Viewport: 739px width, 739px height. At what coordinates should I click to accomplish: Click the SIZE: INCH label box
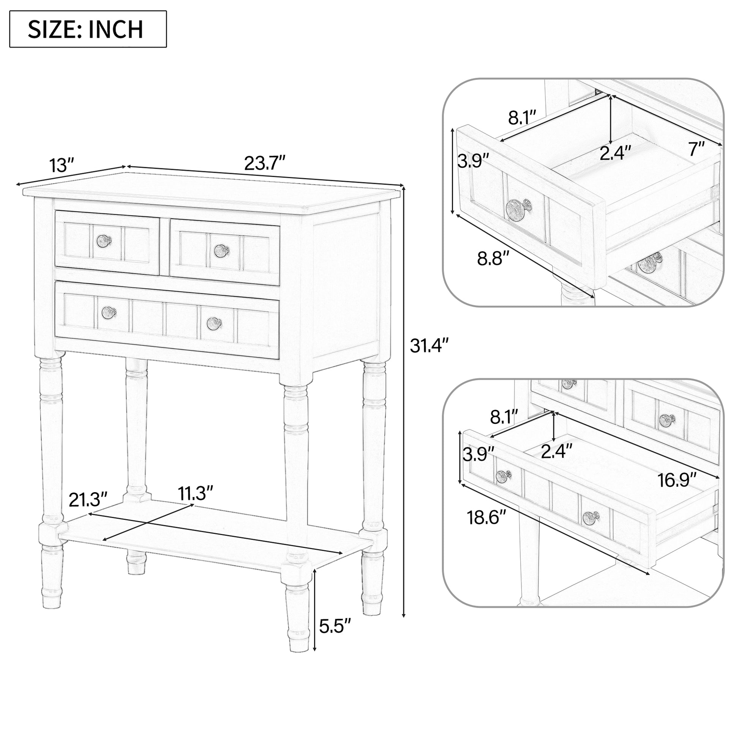88,29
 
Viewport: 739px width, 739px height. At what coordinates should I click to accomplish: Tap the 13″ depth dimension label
61,165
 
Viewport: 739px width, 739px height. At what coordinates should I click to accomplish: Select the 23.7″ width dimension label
265,163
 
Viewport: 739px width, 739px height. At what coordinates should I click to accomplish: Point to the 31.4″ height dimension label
429,346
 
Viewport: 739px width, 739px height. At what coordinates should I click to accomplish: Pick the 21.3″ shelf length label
88,500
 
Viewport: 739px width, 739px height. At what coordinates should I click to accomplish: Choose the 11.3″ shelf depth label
196,493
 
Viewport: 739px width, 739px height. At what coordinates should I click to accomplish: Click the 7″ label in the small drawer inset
696,149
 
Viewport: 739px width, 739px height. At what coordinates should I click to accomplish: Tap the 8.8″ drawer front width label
493,259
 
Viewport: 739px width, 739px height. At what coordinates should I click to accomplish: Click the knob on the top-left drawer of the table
104,241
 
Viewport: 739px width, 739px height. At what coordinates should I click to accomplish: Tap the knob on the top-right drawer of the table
221,251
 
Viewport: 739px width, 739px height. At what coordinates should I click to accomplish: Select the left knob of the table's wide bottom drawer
109,313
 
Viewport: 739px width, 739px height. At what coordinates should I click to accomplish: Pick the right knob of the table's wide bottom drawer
214,324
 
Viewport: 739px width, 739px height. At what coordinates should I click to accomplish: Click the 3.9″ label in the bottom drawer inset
478,455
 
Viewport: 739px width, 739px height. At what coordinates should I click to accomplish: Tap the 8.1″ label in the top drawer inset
522,117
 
